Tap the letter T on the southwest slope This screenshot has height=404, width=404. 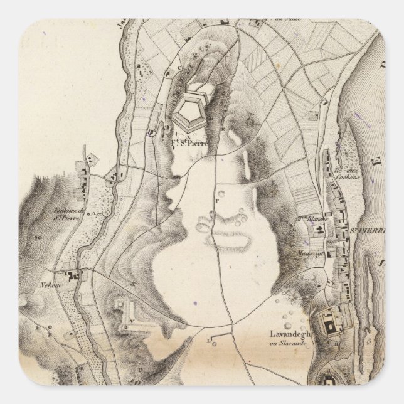[x=132, y=283]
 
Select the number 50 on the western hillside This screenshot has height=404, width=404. [x=37, y=238]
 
